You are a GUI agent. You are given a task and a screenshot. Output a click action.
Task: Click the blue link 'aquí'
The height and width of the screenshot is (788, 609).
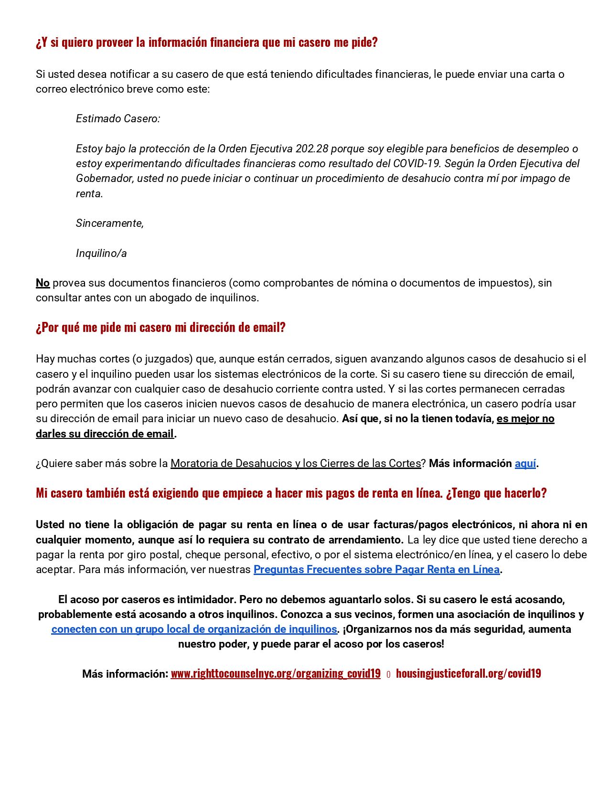(525, 463)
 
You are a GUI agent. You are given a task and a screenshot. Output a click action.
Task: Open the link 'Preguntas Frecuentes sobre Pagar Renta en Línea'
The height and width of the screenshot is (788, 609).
(376, 569)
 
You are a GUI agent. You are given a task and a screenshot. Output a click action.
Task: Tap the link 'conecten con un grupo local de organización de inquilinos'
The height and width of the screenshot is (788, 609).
(194, 629)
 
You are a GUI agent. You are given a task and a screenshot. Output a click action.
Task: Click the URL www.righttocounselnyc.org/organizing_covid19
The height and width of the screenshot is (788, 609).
(276, 673)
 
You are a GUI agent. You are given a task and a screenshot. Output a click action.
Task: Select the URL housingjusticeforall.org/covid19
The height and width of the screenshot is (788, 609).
(468, 673)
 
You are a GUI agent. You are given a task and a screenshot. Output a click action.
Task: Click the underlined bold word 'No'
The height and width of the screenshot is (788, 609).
(43, 283)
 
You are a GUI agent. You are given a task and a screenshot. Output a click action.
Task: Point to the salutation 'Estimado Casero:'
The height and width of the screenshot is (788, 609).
(118, 118)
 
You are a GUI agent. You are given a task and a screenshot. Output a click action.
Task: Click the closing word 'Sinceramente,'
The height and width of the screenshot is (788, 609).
(110, 223)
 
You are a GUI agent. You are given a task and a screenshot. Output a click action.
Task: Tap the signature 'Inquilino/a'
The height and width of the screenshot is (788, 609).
(101, 253)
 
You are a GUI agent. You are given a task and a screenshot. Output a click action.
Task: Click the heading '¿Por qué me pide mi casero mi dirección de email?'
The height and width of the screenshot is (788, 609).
(160, 328)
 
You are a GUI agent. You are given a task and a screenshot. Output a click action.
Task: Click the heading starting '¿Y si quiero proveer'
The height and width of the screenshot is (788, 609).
(206, 43)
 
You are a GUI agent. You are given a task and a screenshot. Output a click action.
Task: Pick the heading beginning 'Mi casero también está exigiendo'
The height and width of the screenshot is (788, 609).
(291, 493)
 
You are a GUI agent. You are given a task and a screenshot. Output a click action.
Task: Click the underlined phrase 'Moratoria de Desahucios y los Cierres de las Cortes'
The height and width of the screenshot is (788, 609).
(296, 463)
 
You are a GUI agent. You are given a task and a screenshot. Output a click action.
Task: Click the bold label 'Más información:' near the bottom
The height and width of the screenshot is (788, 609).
(125, 674)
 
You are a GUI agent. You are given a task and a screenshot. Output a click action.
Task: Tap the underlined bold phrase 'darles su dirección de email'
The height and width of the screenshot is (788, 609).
(105, 434)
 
